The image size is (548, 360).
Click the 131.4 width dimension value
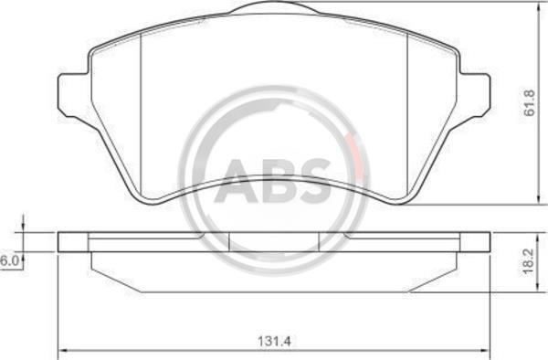pyautogui.click(x=274, y=341)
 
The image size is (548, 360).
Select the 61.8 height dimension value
pyautogui.click(x=530, y=102)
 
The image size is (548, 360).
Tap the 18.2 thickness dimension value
pyautogui.click(x=530, y=261)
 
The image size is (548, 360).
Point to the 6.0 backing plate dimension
pyautogui.click(x=9, y=261)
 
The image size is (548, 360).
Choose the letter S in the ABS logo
pyautogui.click(x=312, y=182)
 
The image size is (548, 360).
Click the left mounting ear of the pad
pyautogui.click(x=72, y=95)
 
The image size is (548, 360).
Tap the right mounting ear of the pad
pyautogui.click(x=475, y=95)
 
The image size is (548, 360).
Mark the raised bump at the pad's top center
pyautogui.click(x=274, y=6)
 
